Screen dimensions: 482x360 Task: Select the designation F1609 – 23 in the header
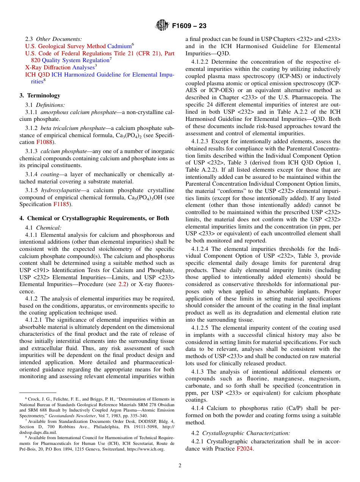coord(189,26)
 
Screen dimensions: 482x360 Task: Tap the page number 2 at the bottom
coord(180,466)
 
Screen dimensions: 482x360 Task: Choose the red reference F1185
coord(61,204)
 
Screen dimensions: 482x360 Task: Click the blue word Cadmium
coord(119,46)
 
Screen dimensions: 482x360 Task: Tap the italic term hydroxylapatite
coord(59,190)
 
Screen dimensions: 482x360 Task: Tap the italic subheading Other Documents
coord(59,39)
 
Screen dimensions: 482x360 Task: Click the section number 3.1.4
coord(32,174)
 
